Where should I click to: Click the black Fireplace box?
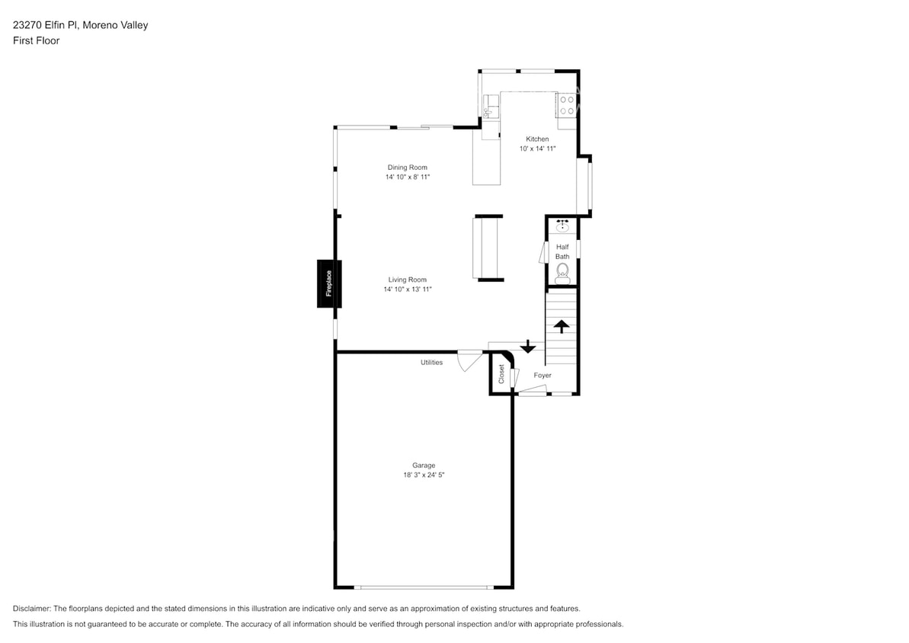(329, 283)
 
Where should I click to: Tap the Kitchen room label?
(537, 139)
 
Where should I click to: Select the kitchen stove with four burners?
(566, 105)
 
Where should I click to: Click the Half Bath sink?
(562, 226)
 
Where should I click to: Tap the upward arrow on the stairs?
(562, 327)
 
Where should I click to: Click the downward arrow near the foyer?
(527, 347)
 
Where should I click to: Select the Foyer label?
(543, 376)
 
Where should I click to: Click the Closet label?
(501, 373)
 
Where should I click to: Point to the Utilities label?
(431, 363)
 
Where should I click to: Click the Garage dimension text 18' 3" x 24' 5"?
(424, 475)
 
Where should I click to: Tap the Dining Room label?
(408, 168)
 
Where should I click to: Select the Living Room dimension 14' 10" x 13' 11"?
(408, 290)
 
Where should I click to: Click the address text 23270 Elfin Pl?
(49, 25)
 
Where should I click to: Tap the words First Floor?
(36, 40)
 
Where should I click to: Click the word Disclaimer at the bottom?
(31, 609)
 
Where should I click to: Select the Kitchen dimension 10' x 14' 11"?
(537, 149)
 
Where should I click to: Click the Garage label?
(424, 465)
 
